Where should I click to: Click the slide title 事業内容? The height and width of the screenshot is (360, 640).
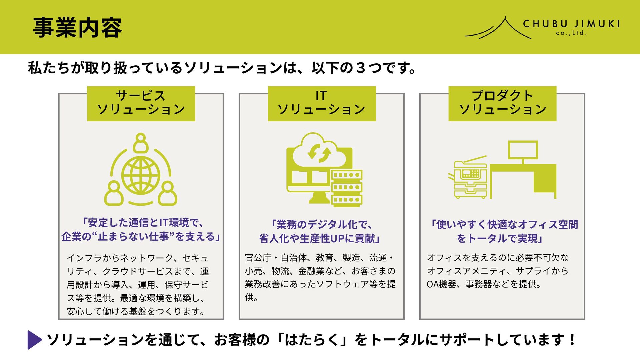77,28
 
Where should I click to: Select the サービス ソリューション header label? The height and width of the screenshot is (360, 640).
141,103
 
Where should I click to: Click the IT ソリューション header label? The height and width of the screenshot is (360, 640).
322,103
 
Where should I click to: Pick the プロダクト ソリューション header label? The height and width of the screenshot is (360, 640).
502,103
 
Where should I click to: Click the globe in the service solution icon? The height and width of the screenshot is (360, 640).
141,175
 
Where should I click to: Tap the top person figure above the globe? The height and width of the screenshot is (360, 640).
141,142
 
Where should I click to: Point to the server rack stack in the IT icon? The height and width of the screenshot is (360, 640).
347,187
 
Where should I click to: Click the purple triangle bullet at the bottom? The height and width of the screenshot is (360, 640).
34,340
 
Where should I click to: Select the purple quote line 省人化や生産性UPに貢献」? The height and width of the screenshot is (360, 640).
320,239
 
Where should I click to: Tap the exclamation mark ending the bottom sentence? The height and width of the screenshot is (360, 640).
572,340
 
